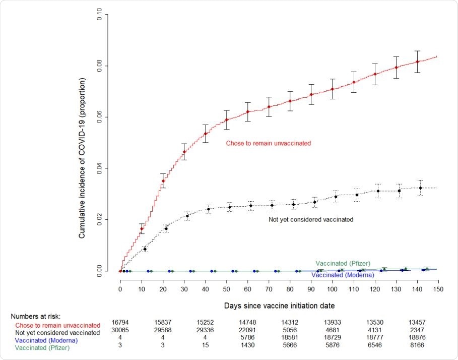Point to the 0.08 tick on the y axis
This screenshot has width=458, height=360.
(x=99, y=66)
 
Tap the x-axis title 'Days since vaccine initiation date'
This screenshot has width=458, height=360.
(x=279, y=306)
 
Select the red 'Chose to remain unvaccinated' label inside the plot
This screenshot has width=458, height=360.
(x=268, y=143)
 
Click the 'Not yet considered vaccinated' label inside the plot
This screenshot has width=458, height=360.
(x=311, y=219)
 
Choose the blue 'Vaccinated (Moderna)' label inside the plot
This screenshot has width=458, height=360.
(x=343, y=275)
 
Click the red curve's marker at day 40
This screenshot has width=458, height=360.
(x=205, y=134)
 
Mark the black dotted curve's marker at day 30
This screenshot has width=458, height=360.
(x=187, y=216)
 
